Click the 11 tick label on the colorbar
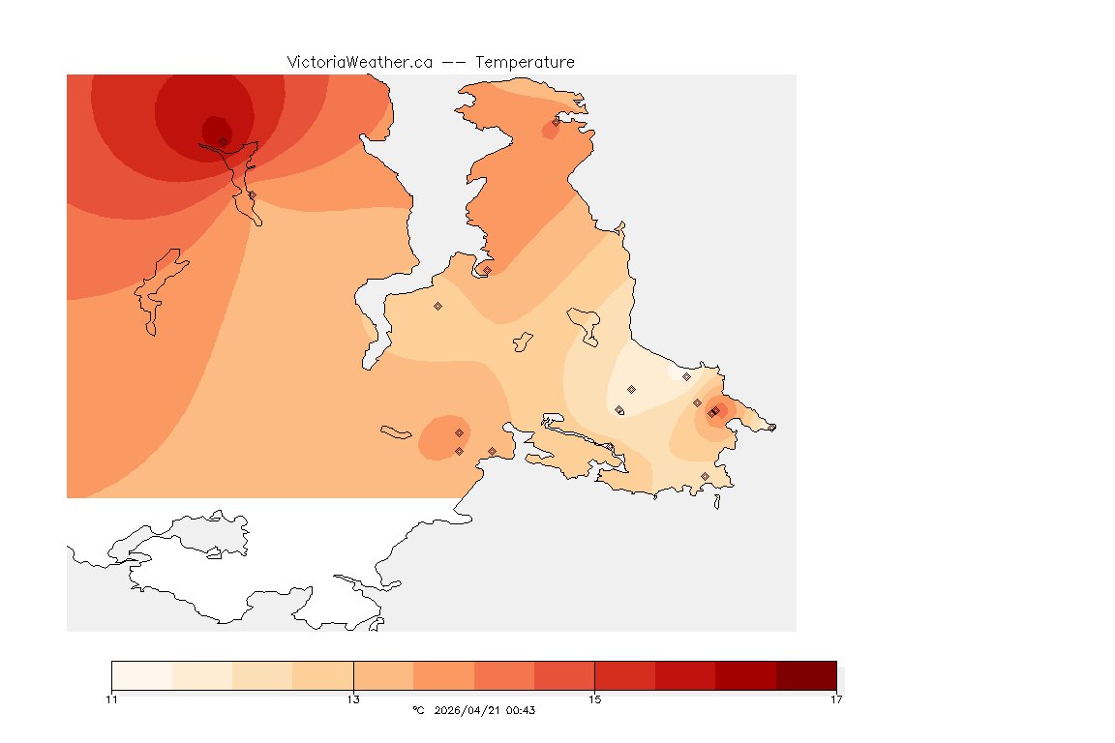[112, 699]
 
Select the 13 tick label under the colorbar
[353, 699]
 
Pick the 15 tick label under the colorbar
[594, 699]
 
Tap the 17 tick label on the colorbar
[836, 699]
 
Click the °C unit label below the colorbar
[418, 710]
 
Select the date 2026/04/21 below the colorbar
[467, 710]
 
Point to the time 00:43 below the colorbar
[521, 710]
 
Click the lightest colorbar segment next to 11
[141, 675]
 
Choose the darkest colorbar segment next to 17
[806, 675]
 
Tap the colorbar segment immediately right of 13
[383, 675]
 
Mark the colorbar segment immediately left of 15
[564, 675]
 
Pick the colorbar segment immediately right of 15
[624, 675]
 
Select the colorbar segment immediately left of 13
[323, 675]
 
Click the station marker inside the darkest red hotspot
[223, 141]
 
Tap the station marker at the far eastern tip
[771, 428]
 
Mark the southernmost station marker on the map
[705, 476]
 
